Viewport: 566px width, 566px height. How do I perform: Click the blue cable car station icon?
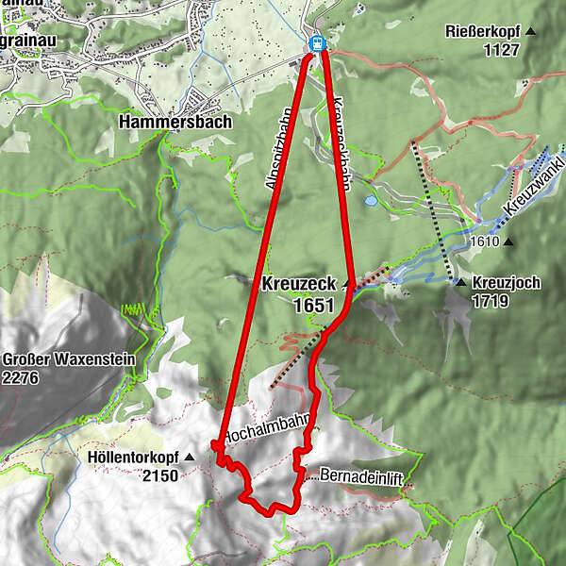tap(318, 43)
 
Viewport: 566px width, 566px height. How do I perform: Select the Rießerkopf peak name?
tap(484, 32)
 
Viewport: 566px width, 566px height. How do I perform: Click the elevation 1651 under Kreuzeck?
tap(314, 305)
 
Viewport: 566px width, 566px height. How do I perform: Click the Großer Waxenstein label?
tap(69, 359)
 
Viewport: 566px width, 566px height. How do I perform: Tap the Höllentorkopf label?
tap(134, 458)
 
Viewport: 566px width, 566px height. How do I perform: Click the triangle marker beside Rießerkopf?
tap(530, 32)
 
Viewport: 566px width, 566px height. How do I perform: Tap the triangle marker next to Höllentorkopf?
tap(190, 458)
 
